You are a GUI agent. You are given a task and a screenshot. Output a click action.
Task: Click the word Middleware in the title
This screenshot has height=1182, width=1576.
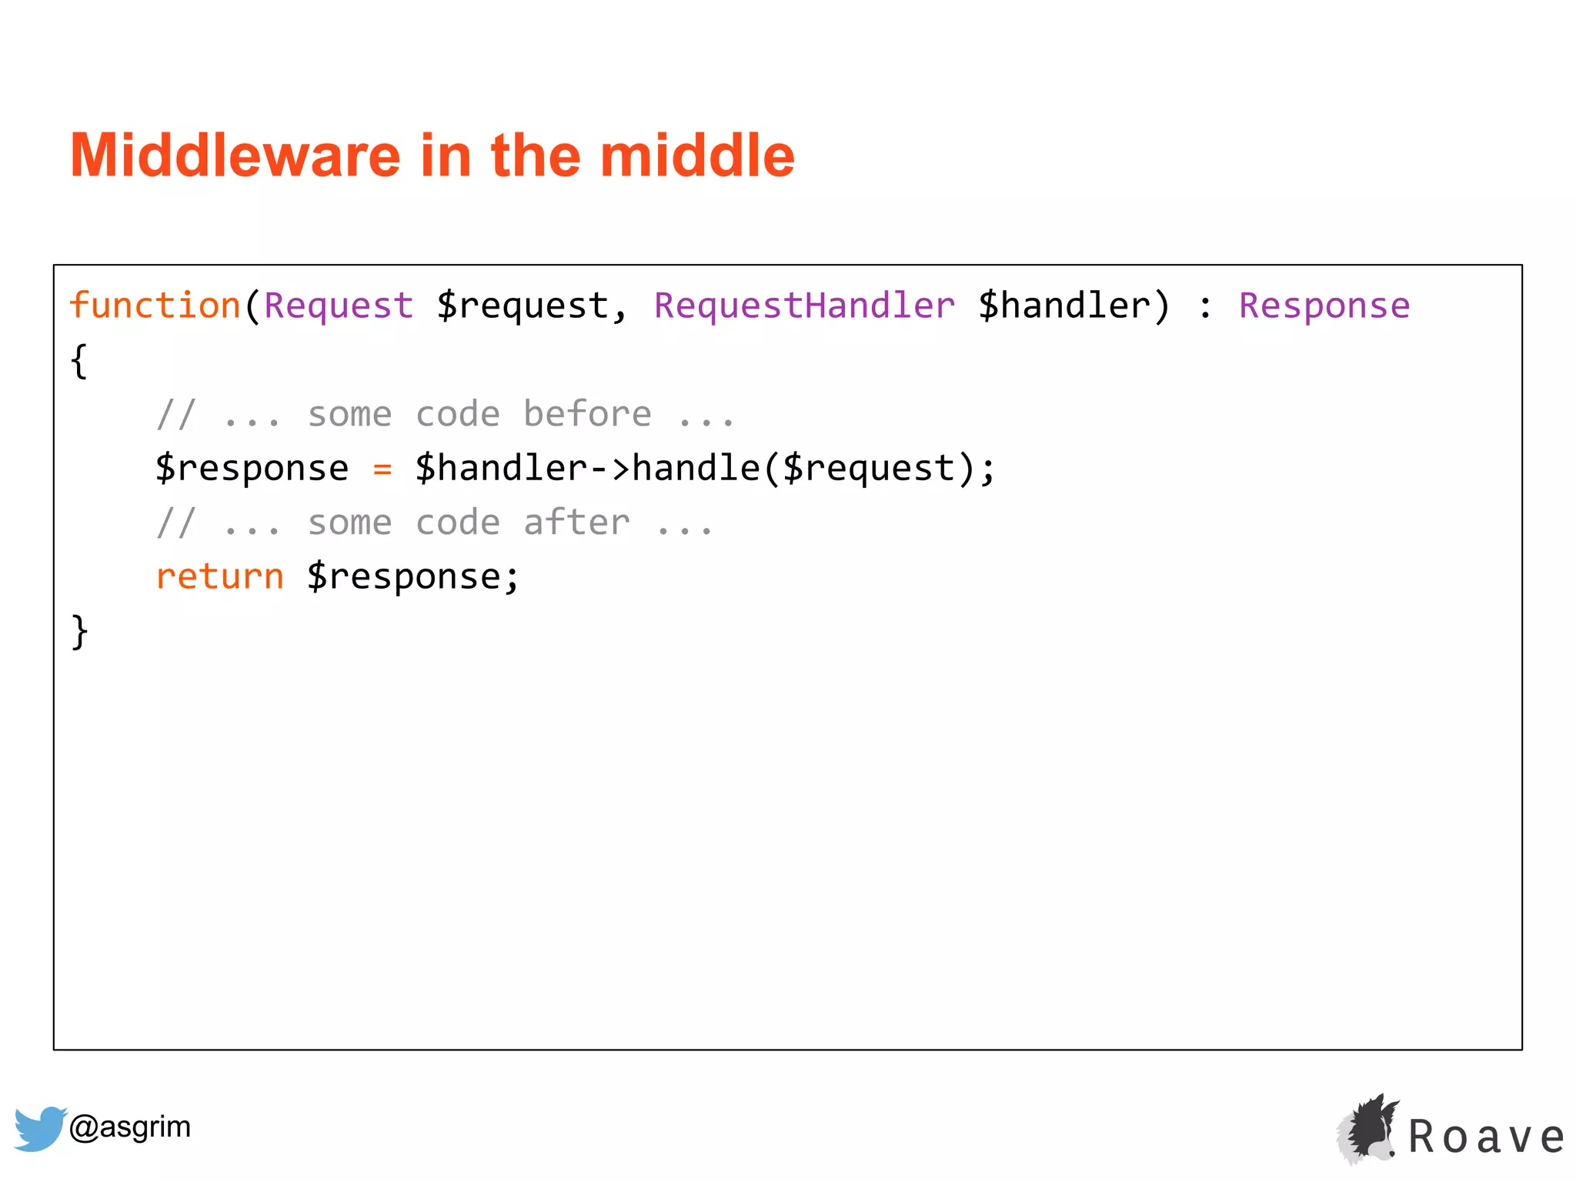pos(235,155)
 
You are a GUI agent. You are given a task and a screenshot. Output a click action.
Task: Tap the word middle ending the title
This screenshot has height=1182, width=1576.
pos(696,155)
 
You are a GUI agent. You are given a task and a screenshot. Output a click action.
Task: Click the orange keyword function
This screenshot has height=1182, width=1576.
pos(155,306)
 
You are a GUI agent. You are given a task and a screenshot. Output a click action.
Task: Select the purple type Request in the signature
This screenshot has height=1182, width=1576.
pos(339,306)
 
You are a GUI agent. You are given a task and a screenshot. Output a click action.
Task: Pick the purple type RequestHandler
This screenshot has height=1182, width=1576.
pos(804,306)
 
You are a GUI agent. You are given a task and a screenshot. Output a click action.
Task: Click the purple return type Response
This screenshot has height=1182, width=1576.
pos(1324,306)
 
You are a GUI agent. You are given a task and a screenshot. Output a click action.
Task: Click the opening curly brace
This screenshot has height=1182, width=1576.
pos(79,360)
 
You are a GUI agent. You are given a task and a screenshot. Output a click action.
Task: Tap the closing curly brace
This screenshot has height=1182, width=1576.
pos(79,632)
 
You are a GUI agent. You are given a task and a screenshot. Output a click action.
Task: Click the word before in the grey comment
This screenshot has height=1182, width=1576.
pos(587,414)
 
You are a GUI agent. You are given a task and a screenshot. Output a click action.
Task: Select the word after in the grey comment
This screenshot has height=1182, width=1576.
pos(576,523)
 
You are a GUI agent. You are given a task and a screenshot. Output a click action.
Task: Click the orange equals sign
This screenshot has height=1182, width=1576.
pos(382,469)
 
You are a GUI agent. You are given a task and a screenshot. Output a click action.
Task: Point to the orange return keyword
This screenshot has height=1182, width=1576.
pos(220,577)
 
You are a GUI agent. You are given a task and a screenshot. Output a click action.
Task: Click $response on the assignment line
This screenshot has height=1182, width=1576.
pos(252,469)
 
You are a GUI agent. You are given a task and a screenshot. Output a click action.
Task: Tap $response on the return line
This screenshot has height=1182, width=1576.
pos(403,577)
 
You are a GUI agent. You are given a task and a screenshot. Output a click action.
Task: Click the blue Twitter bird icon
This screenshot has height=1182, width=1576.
pos(40,1128)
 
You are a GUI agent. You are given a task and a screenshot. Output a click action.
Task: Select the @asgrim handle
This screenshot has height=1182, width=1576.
pos(129,1127)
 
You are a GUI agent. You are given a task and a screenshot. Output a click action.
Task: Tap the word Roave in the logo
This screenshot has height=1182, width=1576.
pos(1486,1137)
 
